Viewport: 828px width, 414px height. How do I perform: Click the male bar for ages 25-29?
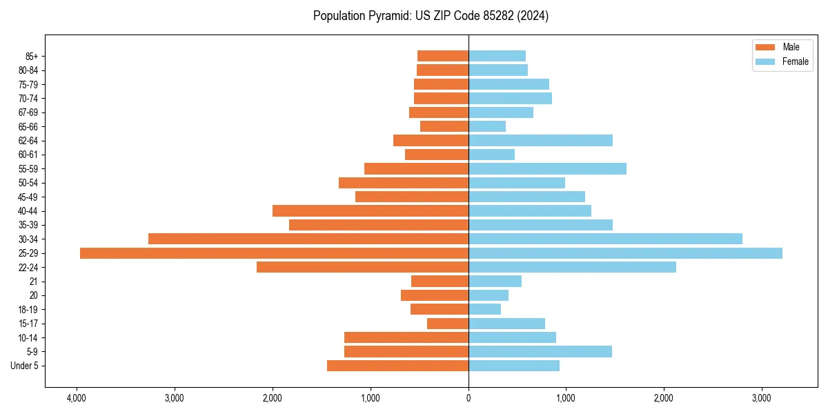click(x=274, y=253)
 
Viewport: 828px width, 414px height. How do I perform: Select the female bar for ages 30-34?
click(x=605, y=239)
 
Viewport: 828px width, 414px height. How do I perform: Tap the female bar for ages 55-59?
click(x=547, y=169)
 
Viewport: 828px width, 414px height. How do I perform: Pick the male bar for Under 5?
click(x=397, y=366)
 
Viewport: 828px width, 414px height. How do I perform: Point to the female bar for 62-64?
click(x=540, y=141)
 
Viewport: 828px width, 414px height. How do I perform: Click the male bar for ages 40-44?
click(x=371, y=211)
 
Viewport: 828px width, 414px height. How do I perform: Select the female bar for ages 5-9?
click(x=540, y=352)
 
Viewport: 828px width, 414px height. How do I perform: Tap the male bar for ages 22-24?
click(x=362, y=267)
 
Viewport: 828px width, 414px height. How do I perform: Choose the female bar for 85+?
click(x=497, y=56)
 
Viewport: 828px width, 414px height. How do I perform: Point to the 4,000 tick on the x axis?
click(x=77, y=398)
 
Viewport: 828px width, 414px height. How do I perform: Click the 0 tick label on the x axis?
click(x=469, y=398)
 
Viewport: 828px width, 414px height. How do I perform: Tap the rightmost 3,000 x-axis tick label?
click(x=762, y=398)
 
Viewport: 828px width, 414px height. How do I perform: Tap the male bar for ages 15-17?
click(x=448, y=324)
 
